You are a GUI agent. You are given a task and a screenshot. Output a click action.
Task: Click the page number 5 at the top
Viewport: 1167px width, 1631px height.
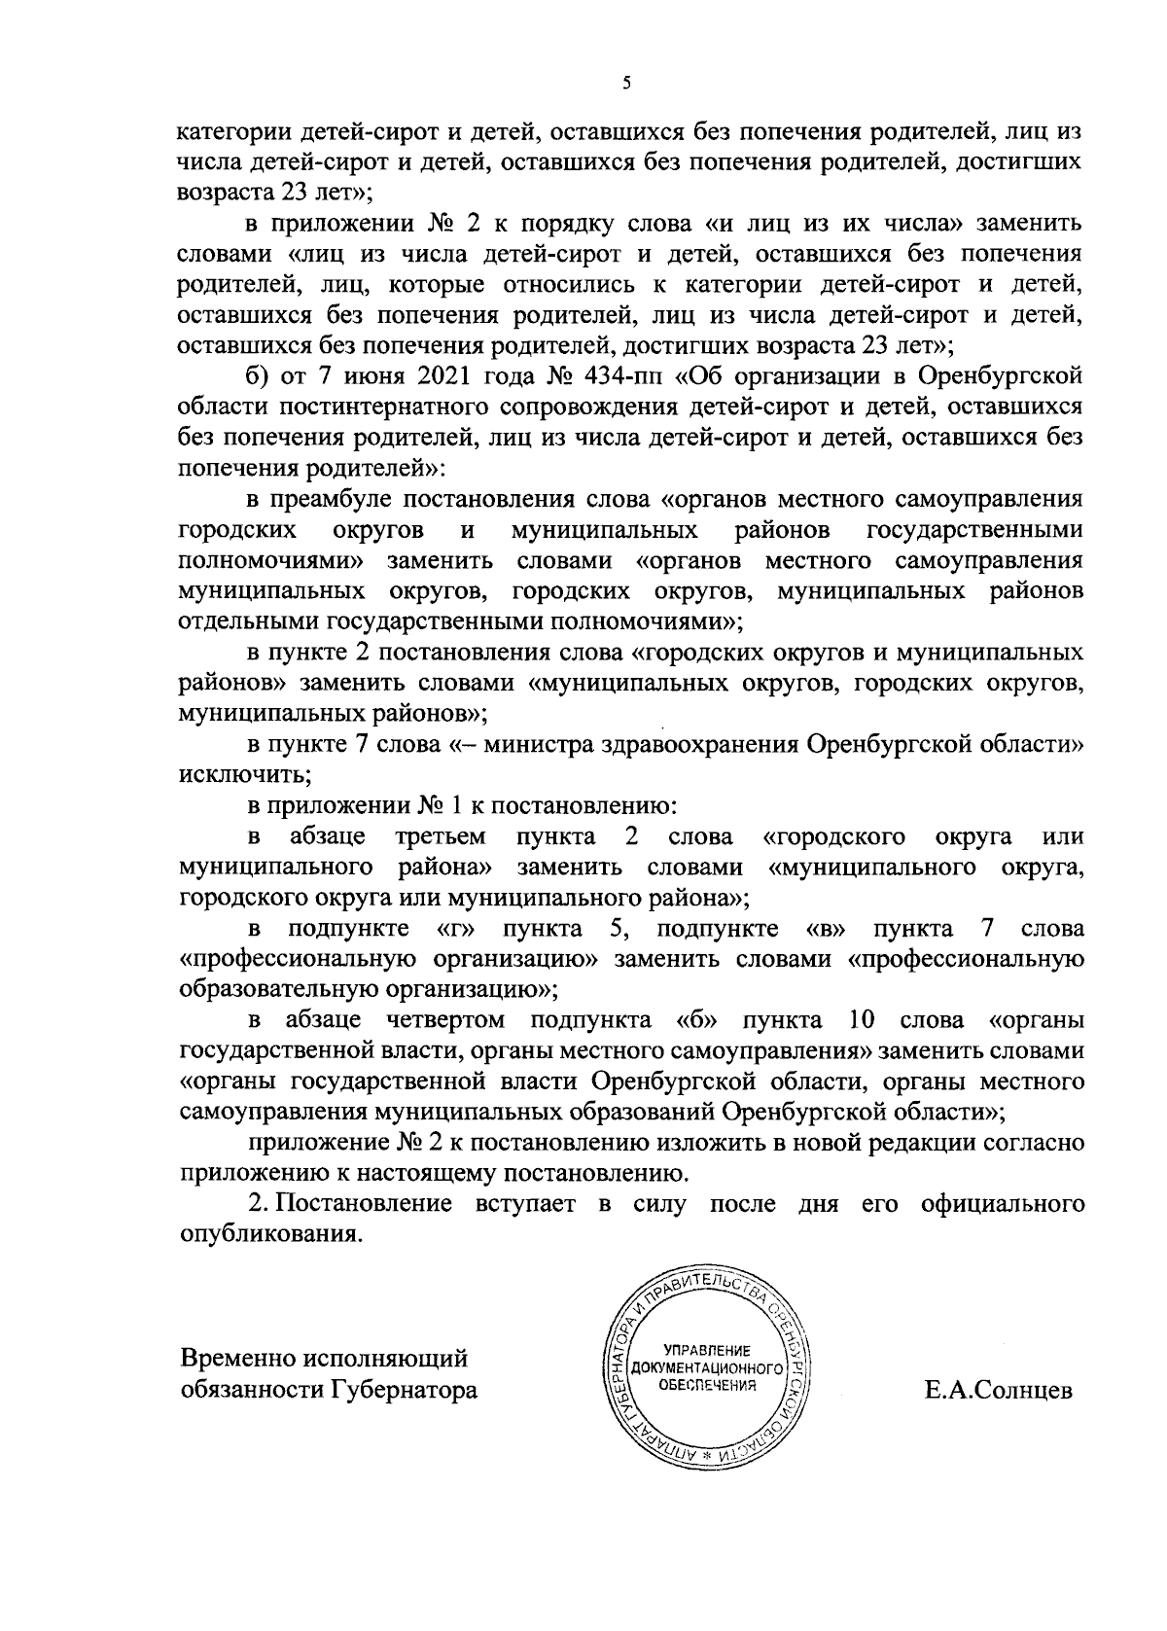(627, 84)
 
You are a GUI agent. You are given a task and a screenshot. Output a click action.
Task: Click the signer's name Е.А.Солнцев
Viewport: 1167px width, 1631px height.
(999, 1390)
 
